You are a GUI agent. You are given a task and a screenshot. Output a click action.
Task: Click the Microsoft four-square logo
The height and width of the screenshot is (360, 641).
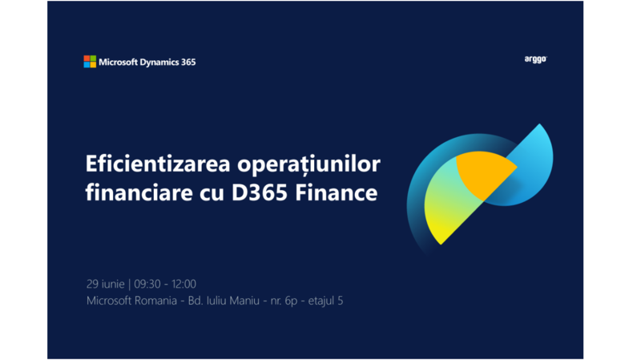pyautogui.click(x=90, y=62)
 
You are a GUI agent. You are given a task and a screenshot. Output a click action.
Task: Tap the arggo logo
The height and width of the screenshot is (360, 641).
pyautogui.click(x=534, y=59)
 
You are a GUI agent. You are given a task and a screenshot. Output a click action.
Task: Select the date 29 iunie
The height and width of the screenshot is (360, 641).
pyautogui.click(x=105, y=284)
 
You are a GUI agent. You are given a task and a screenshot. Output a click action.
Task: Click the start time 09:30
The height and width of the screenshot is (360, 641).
pyautogui.click(x=147, y=284)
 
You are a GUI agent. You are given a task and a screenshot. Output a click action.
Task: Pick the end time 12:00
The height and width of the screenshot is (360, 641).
pyautogui.click(x=183, y=284)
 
